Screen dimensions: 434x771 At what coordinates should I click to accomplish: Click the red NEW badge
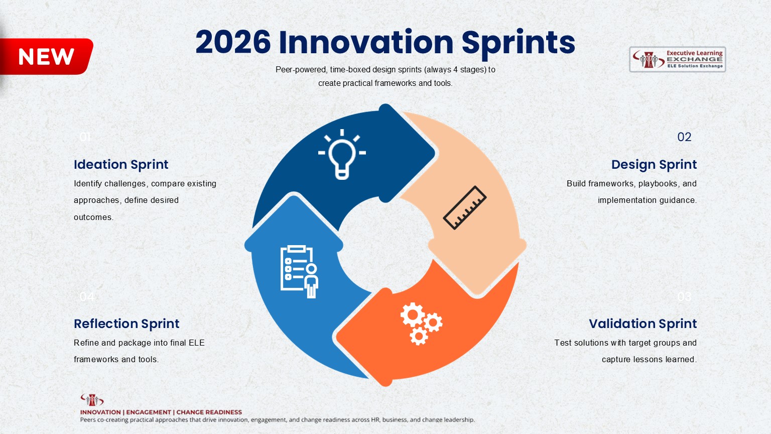point(47,57)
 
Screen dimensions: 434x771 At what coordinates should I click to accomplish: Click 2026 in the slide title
point(232,42)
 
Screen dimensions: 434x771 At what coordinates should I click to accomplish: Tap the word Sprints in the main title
point(518,43)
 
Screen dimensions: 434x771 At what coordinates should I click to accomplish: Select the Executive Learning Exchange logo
point(677,59)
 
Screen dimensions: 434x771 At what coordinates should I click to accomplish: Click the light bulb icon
point(342,154)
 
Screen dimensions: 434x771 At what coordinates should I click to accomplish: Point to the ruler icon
point(465,207)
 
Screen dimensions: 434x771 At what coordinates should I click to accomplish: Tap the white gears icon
point(421,323)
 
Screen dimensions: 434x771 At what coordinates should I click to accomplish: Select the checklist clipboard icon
point(299,271)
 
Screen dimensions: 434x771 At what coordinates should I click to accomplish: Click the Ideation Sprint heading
point(121,165)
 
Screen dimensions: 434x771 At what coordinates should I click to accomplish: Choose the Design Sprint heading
point(654,165)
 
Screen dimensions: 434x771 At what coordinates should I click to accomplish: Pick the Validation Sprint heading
point(642,324)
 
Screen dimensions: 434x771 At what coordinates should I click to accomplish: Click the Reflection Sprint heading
point(126,324)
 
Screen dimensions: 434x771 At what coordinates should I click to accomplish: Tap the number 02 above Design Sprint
point(684,137)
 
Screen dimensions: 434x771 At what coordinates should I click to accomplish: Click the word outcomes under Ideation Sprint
point(93,218)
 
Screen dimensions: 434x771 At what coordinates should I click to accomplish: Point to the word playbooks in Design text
point(658,184)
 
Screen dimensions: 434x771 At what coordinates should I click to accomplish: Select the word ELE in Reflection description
point(196,343)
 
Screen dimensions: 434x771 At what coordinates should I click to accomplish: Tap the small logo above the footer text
point(92,400)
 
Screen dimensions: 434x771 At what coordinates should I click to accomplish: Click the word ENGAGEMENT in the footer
point(148,412)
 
